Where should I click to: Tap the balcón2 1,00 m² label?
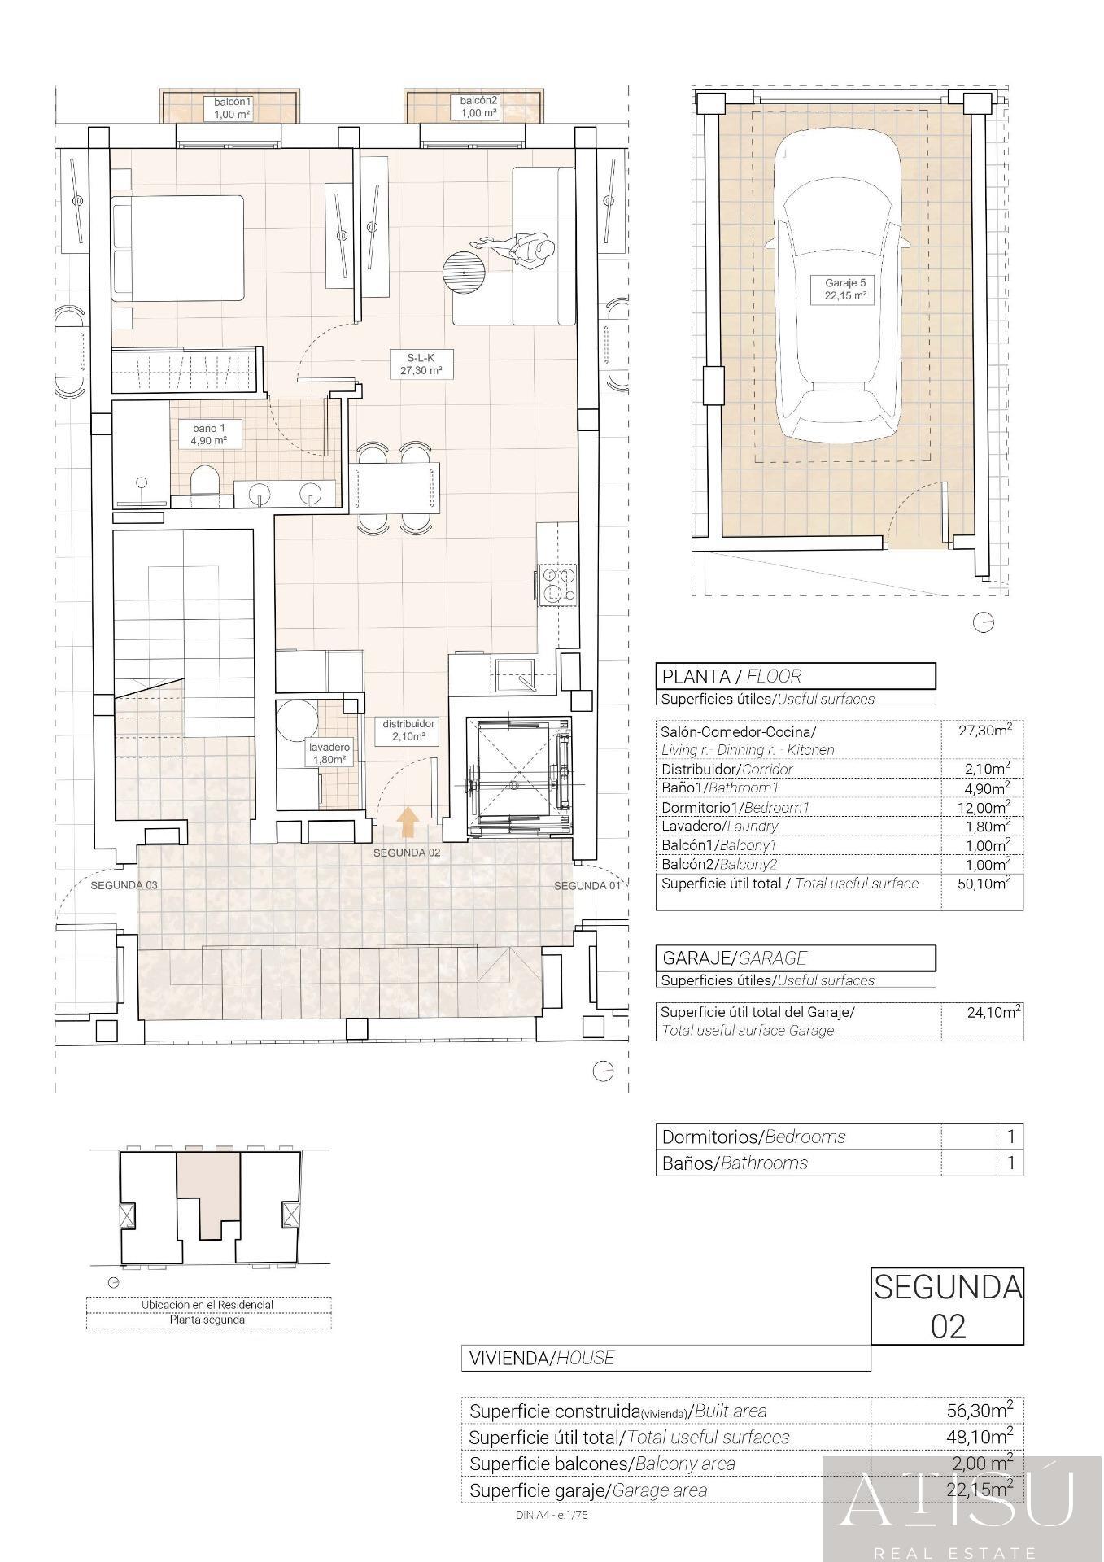(x=478, y=107)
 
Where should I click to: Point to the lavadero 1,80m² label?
(x=329, y=753)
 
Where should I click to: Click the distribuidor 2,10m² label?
(x=409, y=730)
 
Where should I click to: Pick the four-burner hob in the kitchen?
(x=556, y=585)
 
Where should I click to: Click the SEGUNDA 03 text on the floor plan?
(x=124, y=885)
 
